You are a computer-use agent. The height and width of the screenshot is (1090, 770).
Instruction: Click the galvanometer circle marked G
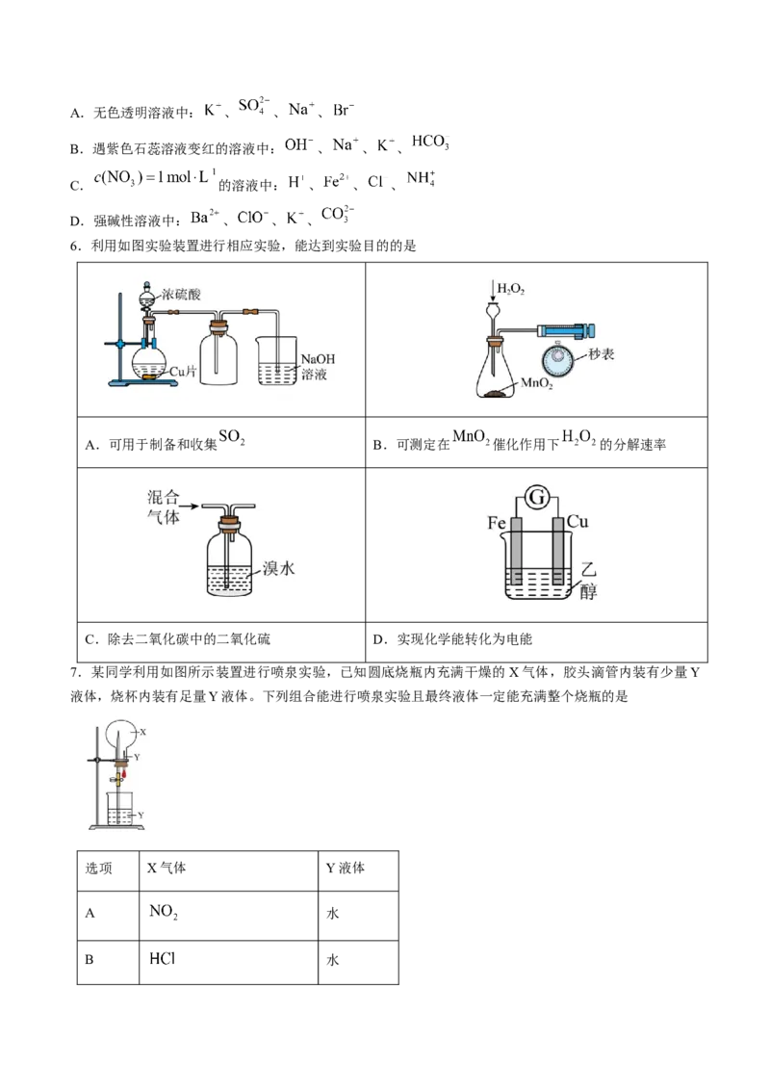tap(536, 498)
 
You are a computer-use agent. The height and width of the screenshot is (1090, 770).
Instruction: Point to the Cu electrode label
tap(577, 521)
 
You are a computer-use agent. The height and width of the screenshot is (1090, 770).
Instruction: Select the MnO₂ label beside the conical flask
tap(536, 383)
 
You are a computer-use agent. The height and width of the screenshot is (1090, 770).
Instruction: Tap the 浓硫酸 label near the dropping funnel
tap(181, 295)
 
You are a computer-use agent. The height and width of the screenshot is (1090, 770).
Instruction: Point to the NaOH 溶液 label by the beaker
tap(317, 367)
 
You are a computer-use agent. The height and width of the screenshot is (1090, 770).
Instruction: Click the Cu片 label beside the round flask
tap(183, 372)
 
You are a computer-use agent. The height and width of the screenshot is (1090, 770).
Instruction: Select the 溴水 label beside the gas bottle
tap(279, 568)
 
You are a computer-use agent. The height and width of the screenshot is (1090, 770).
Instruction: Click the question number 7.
tap(74, 672)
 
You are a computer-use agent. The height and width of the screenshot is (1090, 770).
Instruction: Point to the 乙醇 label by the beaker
tap(588, 581)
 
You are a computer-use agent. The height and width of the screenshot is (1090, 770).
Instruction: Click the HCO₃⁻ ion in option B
tap(431, 143)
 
